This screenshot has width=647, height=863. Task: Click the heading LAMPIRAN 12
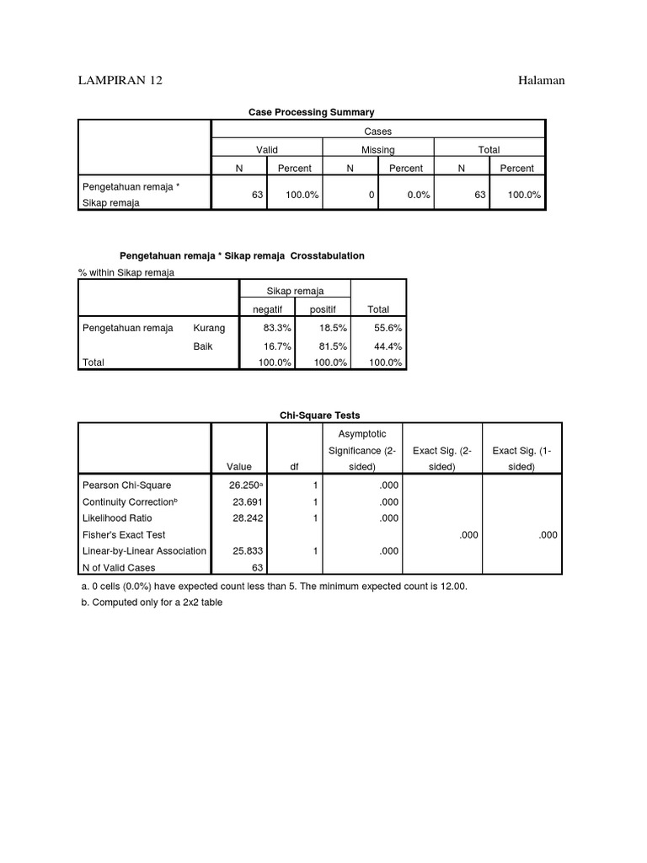pos(120,80)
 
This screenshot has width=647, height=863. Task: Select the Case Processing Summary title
pos(312,111)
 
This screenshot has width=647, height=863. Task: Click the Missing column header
pos(377,150)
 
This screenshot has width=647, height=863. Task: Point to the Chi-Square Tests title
pos(319,415)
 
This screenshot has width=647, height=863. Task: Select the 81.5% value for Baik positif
pos(329,346)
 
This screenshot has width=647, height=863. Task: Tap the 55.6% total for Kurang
pos(388,329)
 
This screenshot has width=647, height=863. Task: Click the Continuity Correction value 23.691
pos(247,501)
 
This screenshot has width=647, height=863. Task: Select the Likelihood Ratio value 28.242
pos(247,518)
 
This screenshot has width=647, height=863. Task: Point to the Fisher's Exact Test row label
pos(123,534)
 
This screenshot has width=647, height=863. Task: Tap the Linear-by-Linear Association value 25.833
pos(247,550)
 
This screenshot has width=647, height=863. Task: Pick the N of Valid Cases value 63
pos(258,567)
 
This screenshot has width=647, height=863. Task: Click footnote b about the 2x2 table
pos(152,603)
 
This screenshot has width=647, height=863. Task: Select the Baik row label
pos(202,346)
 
